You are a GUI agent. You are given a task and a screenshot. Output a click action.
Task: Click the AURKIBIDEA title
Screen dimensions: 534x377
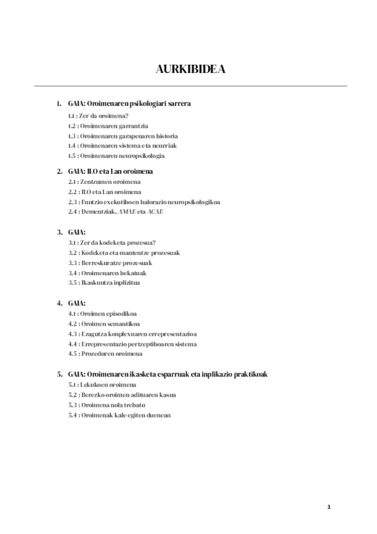pyautogui.click(x=190, y=69)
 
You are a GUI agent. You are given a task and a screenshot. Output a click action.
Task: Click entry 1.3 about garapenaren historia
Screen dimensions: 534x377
pyautogui.click(x=123, y=135)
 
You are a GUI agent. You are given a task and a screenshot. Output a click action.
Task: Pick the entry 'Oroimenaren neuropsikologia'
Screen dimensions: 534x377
pyautogui.click(x=117, y=156)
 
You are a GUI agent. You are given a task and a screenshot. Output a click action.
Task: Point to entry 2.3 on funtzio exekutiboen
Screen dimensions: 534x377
pyautogui.click(x=145, y=202)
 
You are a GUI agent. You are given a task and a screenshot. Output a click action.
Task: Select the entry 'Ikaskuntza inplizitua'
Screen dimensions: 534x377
pyautogui.click(x=104, y=283)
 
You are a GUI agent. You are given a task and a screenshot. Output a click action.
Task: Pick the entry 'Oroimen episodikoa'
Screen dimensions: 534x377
pyautogui.click(x=104, y=314)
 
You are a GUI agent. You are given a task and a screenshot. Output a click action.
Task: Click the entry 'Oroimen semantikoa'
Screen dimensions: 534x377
pyautogui.click(x=104, y=324)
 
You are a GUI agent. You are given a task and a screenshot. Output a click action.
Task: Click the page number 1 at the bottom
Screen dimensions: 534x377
pyautogui.click(x=329, y=508)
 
